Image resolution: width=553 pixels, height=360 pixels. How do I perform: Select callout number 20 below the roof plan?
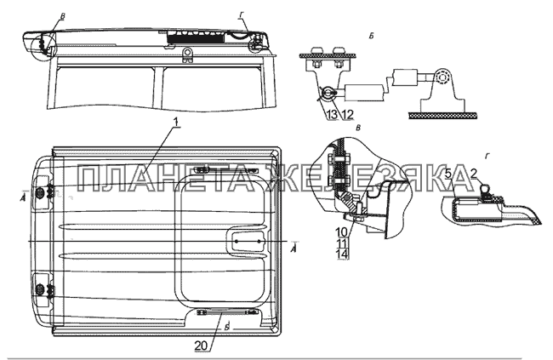click(x=202, y=346)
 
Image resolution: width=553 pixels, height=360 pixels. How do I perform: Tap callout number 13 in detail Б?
click(x=334, y=114)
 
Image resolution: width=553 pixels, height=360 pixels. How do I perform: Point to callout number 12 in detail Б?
click(x=347, y=114)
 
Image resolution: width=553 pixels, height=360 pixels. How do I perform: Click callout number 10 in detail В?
click(x=343, y=232)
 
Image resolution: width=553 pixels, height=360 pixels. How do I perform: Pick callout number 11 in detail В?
click(x=343, y=243)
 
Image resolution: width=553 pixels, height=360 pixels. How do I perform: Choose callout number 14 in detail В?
click(x=343, y=254)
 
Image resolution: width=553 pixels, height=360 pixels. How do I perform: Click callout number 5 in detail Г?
click(x=448, y=174)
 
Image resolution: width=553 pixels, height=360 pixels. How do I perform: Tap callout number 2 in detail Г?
click(x=474, y=174)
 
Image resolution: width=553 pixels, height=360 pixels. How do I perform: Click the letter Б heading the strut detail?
click(x=371, y=36)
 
